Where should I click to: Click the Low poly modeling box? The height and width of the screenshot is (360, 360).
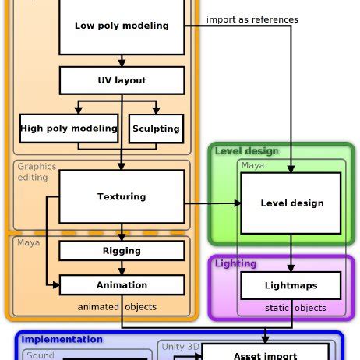pyautogui.click(x=122, y=26)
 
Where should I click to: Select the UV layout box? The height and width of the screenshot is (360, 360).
pyautogui.click(x=122, y=80)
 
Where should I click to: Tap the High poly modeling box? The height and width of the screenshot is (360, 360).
pyautogui.click(x=69, y=129)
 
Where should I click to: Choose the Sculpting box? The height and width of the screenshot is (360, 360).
pyautogui.click(x=156, y=129)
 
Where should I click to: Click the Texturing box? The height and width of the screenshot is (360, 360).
pyautogui.click(x=122, y=196)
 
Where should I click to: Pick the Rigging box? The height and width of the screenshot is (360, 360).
pyautogui.click(x=122, y=251)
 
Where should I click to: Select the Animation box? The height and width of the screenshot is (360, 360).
pyautogui.click(x=122, y=284)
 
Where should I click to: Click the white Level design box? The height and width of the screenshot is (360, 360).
pyautogui.click(x=291, y=203)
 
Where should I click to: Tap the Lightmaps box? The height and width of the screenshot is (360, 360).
pyautogui.click(x=291, y=285)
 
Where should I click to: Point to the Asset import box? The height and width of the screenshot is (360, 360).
pyautogui.click(x=265, y=355)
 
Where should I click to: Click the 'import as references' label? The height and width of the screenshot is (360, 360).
pyautogui.click(x=252, y=19)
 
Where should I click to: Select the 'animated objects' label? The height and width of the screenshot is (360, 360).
pyautogui.click(x=117, y=307)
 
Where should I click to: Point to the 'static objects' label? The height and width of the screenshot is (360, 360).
pyautogui.click(x=295, y=308)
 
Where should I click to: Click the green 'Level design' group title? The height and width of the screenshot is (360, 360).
pyautogui.click(x=246, y=151)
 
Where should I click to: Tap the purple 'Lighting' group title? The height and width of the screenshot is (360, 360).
pyautogui.click(x=235, y=263)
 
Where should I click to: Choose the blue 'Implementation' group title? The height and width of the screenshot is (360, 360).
pyautogui.click(x=62, y=339)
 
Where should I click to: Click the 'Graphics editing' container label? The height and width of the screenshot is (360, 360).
pyautogui.click(x=37, y=171)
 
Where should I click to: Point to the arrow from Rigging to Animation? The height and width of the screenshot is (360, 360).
pyautogui.click(x=122, y=267)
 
